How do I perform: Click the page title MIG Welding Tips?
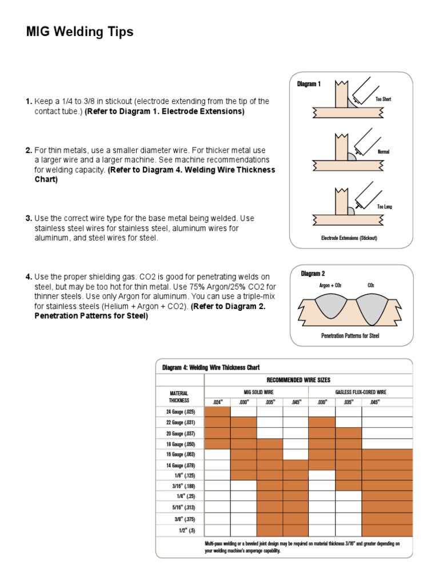point(79,32)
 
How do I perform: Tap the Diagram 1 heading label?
point(309,84)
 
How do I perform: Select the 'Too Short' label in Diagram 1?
point(383,99)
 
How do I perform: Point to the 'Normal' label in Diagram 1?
point(383,152)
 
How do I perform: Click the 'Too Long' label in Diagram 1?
point(384,206)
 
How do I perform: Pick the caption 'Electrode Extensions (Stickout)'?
point(349,238)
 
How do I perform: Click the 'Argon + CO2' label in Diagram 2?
point(330,285)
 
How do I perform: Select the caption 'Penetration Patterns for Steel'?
point(350,336)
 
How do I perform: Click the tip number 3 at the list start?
point(29,218)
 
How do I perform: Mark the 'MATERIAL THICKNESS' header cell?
point(179,396)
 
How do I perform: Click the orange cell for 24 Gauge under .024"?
point(217,411)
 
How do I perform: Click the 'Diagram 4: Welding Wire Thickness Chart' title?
point(211,367)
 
